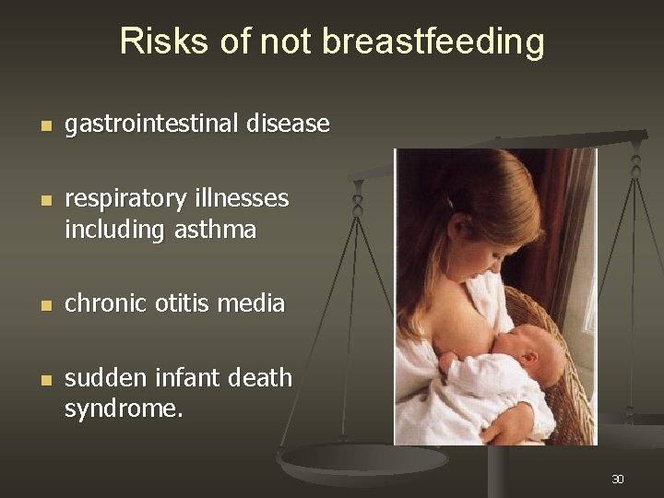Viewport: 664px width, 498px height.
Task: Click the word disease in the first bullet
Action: pyautogui.click(x=290, y=124)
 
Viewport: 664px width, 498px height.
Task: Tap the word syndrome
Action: pyautogui.click(x=124, y=409)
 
